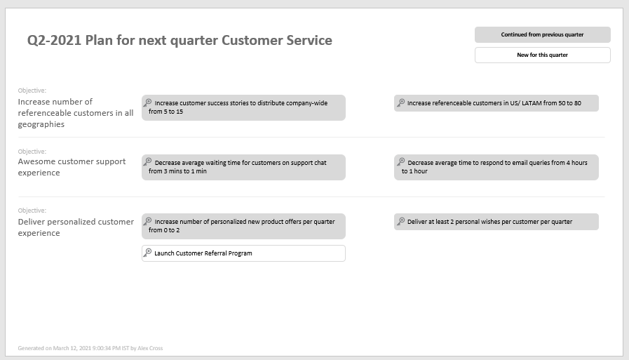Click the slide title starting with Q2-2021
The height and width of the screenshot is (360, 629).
[180, 41]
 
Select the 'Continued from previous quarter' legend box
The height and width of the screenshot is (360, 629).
[542, 34]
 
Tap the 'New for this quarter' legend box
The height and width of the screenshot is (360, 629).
[542, 55]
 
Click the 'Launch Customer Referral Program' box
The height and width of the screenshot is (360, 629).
[243, 253]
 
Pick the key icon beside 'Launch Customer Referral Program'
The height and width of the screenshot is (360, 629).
[148, 253]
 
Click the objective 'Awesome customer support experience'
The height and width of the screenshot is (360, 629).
[72, 167]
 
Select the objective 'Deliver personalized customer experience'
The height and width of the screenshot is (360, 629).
[76, 227]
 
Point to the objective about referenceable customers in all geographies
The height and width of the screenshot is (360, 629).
[76, 113]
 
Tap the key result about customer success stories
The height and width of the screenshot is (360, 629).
[243, 107]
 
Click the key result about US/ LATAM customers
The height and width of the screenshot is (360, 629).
[496, 103]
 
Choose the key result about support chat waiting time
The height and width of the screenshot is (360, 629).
[243, 167]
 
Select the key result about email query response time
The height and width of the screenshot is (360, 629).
[496, 167]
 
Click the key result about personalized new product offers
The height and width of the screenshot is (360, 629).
[243, 226]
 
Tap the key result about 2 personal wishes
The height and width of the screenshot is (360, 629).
[496, 222]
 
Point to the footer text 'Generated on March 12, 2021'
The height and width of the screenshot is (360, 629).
[90, 348]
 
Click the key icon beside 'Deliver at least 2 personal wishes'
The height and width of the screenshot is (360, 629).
[400, 221]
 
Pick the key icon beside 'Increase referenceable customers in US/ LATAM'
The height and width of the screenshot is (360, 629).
[400, 102]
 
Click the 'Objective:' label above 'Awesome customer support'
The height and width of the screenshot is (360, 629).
[32, 152]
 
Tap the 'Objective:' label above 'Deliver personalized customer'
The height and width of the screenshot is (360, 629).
[32, 211]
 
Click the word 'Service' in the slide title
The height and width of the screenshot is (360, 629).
[308, 41]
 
